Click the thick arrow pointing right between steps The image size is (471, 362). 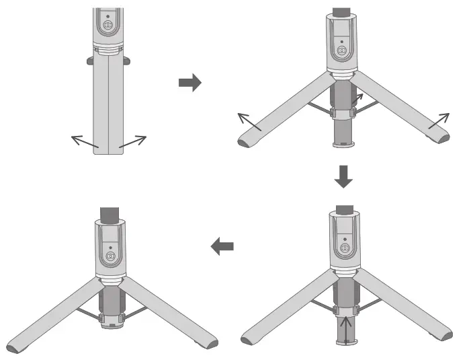pos(189,83)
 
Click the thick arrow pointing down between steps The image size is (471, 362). pos(343,176)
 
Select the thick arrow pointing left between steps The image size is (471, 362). pos(222,247)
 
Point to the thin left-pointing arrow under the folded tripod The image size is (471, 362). pos(84,142)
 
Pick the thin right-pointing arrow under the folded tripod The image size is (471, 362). pos(132,142)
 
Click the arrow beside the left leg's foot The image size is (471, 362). pos(249,122)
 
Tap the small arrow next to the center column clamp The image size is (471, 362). pos(356,100)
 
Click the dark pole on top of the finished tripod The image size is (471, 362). pos(109,216)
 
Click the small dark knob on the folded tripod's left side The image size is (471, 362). pos(89,61)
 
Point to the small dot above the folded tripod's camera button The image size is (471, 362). pos(108,14)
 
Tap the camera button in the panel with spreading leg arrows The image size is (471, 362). pos(343,51)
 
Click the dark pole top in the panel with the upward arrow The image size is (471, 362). pos(344,209)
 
